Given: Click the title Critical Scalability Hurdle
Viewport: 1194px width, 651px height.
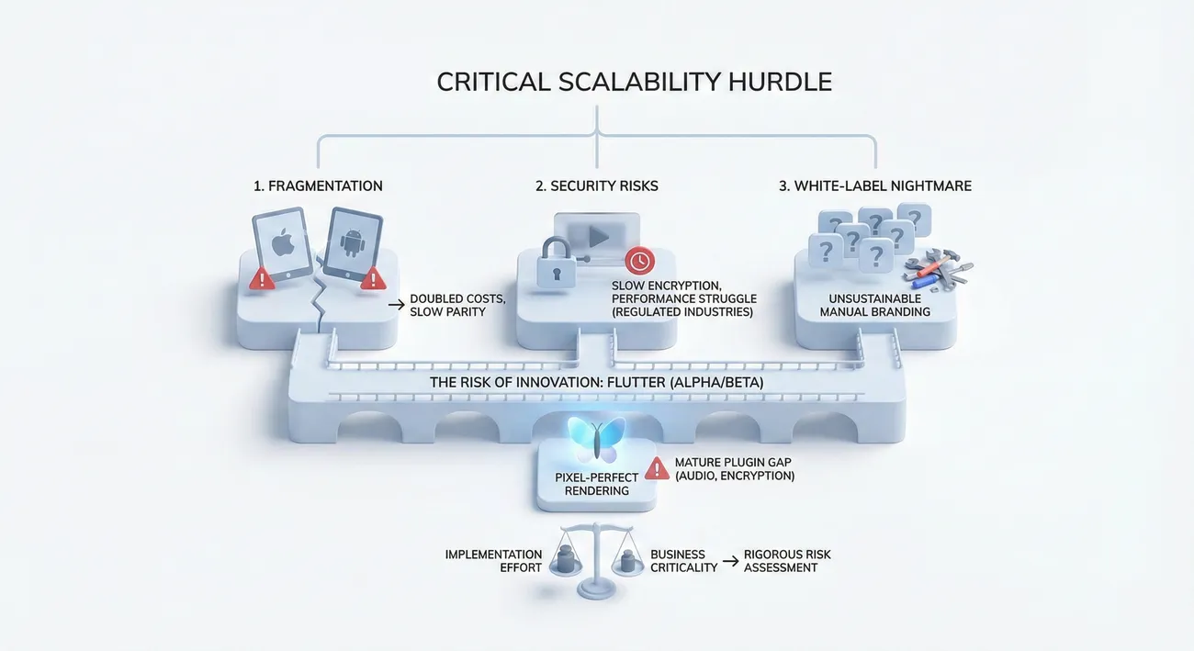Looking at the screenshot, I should pyautogui.click(x=634, y=82).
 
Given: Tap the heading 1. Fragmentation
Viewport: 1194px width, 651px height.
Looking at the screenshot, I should pyautogui.click(x=318, y=185).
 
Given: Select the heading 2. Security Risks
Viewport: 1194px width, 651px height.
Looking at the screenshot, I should pyautogui.click(x=597, y=185).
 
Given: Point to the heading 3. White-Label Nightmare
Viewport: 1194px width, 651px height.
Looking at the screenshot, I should pyautogui.click(x=875, y=185).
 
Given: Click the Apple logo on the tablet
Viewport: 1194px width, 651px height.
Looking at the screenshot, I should pyautogui.click(x=280, y=242).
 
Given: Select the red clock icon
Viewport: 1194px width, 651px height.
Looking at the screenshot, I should pyautogui.click(x=639, y=261).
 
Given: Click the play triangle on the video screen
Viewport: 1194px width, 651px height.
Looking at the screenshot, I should pyautogui.click(x=598, y=236).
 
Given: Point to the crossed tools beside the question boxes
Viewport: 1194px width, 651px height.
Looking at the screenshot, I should pyautogui.click(x=937, y=268).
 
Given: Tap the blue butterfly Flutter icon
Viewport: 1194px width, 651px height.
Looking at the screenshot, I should pyautogui.click(x=596, y=439).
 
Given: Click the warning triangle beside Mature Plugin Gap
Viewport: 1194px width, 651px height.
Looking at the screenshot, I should pyautogui.click(x=657, y=468).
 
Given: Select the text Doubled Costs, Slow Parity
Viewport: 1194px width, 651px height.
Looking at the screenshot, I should pyautogui.click(x=457, y=306).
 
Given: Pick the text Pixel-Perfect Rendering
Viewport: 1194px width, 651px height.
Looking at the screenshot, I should pyautogui.click(x=597, y=484).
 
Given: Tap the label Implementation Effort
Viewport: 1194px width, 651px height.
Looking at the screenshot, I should pyautogui.click(x=493, y=561).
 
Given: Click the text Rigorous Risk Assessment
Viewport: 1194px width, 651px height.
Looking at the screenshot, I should pyautogui.click(x=787, y=561).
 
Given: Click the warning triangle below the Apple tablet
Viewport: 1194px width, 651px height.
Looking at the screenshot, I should pyautogui.click(x=263, y=278).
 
